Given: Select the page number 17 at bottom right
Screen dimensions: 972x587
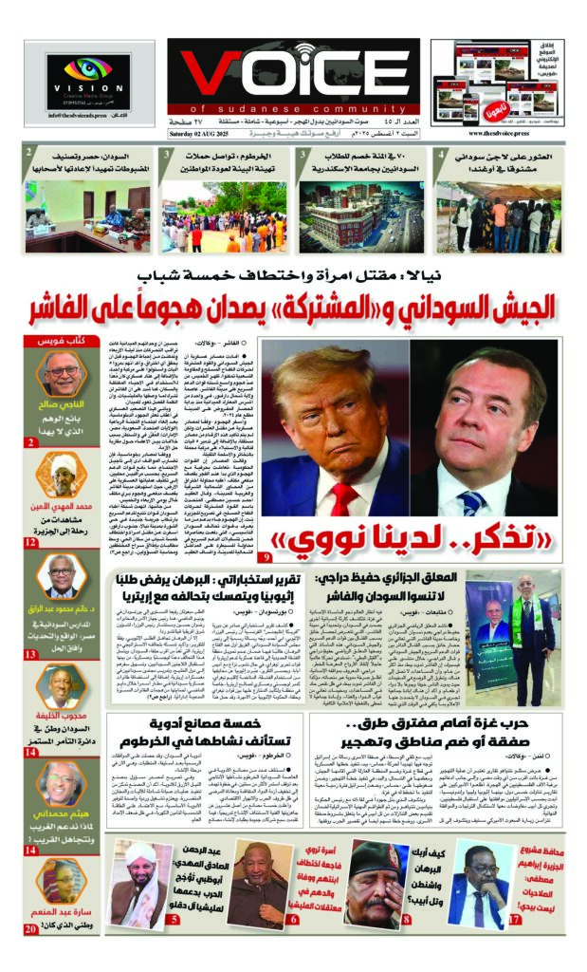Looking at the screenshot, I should [513, 919].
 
